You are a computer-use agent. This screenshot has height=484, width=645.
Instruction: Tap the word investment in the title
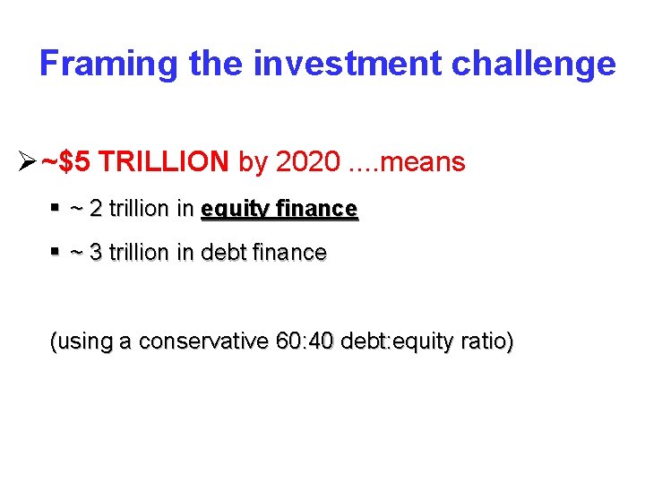(348, 64)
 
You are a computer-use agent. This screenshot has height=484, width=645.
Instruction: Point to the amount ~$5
(65, 161)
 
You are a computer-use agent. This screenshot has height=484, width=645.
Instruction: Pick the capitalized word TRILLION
(164, 161)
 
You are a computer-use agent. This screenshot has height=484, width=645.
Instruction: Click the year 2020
(307, 161)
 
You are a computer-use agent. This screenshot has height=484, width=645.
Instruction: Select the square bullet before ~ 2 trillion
(55, 208)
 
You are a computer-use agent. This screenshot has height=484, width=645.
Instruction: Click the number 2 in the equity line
(96, 209)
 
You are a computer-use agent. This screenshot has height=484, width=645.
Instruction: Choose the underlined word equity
(232, 210)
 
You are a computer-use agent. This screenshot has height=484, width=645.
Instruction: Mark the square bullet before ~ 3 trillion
(55, 252)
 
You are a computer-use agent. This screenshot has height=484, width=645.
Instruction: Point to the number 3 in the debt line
(96, 253)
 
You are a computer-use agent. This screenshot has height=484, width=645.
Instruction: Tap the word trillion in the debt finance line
(139, 253)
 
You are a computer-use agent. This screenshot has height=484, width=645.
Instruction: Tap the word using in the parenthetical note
(81, 342)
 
